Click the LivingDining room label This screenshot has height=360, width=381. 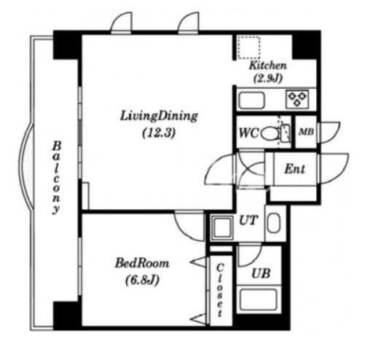coord(159,116)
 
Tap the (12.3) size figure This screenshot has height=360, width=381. coord(159,133)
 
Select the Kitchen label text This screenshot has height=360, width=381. coord(268,66)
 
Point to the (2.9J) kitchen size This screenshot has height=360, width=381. coord(268,78)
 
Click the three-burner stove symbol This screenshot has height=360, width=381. coord(297,99)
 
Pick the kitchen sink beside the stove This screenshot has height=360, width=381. coord(251,101)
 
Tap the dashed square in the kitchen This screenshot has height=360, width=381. coord(249,47)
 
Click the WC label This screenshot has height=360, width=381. coord(248,133)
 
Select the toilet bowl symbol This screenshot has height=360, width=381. coord(270,133)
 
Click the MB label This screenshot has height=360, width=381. coord(306,132)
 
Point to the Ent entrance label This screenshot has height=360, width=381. coord(295,168)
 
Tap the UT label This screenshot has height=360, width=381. coord(248,220)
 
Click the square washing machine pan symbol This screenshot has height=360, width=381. coord(222,228)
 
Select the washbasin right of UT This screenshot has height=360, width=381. coord(274,223)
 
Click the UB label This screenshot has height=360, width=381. coord(261,273)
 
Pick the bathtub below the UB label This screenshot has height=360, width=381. coord(259,300)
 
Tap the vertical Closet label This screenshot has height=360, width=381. coord(220,291)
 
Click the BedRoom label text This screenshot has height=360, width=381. coord(142,263)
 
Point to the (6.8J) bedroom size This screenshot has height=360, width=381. coord(142,281)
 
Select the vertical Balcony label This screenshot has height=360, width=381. coord(56,178)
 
